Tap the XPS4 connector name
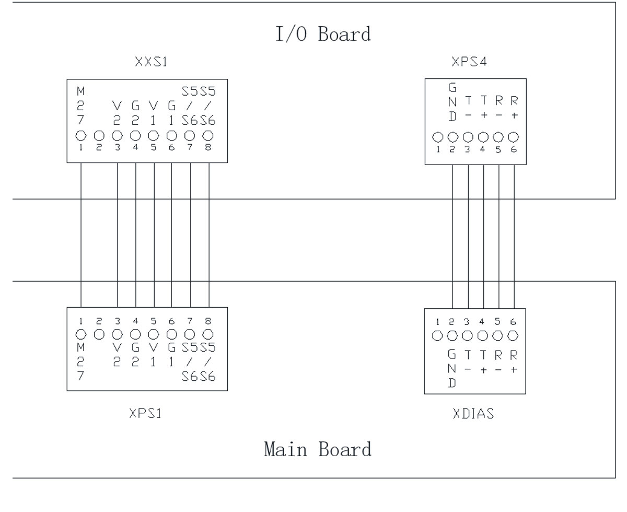pyautogui.click(x=469, y=63)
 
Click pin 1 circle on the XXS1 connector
pyautogui.click(x=81, y=135)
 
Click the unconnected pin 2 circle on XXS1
pyautogui.click(x=99, y=135)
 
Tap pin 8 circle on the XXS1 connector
pyautogui.click(x=208, y=135)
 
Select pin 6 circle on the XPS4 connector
pyautogui.click(x=514, y=137)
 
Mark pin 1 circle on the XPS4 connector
pyautogui.click(x=438, y=137)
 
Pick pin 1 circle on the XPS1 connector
pyautogui.click(x=81, y=334)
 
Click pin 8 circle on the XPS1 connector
pyautogui.click(x=208, y=334)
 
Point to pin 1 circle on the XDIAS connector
pyautogui.click(x=438, y=334)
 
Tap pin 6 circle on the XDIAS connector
pyautogui.click(x=514, y=334)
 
